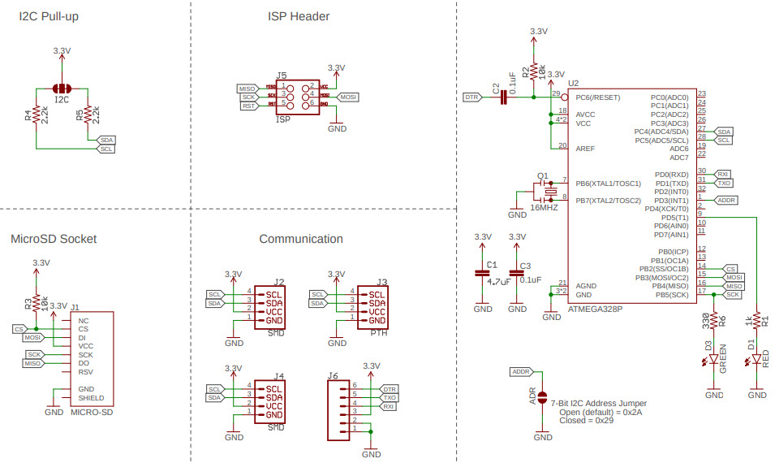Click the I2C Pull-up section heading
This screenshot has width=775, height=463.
(49, 16)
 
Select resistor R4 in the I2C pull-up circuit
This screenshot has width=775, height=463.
(37, 116)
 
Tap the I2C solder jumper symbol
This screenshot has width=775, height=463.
(62, 88)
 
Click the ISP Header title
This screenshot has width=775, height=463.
(299, 16)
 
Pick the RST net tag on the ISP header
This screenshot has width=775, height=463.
(248, 106)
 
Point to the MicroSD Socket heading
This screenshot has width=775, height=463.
(54, 239)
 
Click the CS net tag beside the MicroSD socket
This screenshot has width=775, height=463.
(19, 329)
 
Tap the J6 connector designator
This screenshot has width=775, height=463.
(333, 375)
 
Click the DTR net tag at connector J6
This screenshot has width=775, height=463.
(390, 390)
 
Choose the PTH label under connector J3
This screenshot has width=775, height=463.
(378, 333)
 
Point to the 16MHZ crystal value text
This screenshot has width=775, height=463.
(545, 208)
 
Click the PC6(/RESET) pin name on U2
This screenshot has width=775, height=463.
(598, 97)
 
